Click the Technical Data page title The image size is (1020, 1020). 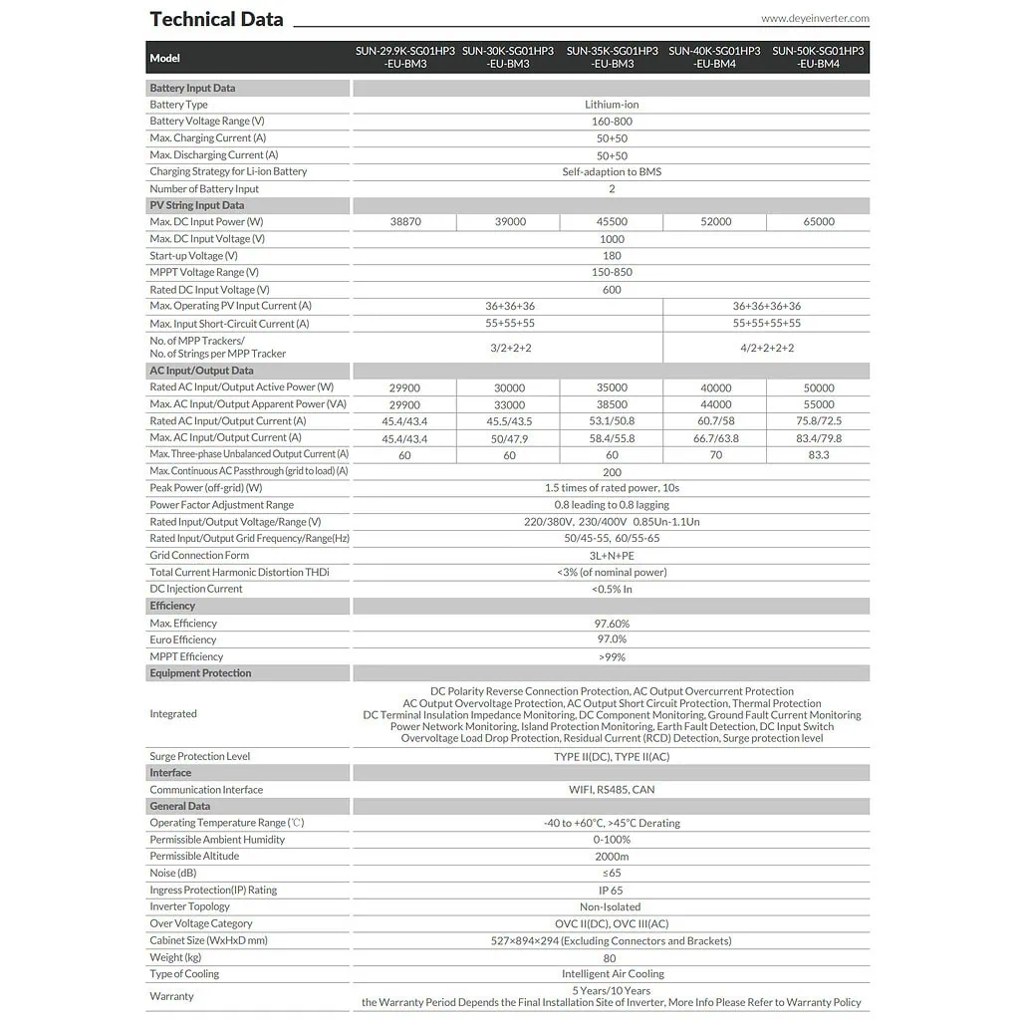tap(216, 19)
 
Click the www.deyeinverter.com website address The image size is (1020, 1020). tap(815, 18)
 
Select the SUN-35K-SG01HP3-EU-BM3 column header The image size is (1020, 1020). tap(612, 57)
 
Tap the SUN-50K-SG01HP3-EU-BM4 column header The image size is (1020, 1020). tap(818, 57)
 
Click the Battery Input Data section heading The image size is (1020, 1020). tap(192, 88)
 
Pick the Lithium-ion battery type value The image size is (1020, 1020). tap(612, 105)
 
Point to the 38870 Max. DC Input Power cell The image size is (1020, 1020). tap(405, 222)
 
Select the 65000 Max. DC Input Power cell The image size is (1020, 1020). tap(819, 222)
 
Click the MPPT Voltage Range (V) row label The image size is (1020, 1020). tap(204, 272)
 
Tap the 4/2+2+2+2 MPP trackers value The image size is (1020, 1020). tap(766, 348)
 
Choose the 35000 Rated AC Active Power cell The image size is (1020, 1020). tap(612, 387)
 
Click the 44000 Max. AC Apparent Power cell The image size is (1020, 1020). tap(715, 404)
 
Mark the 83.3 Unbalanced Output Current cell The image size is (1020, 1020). tap(819, 454)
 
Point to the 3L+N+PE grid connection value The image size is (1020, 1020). tap(612, 556)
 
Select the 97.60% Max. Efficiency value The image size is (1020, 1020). tap(612, 624)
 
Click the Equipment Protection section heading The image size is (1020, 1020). tap(200, 673)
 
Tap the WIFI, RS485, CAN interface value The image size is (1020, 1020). tap(612, 790)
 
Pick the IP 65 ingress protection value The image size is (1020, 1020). tap(612, 891)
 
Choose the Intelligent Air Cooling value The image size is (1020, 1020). tap(612, 974)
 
